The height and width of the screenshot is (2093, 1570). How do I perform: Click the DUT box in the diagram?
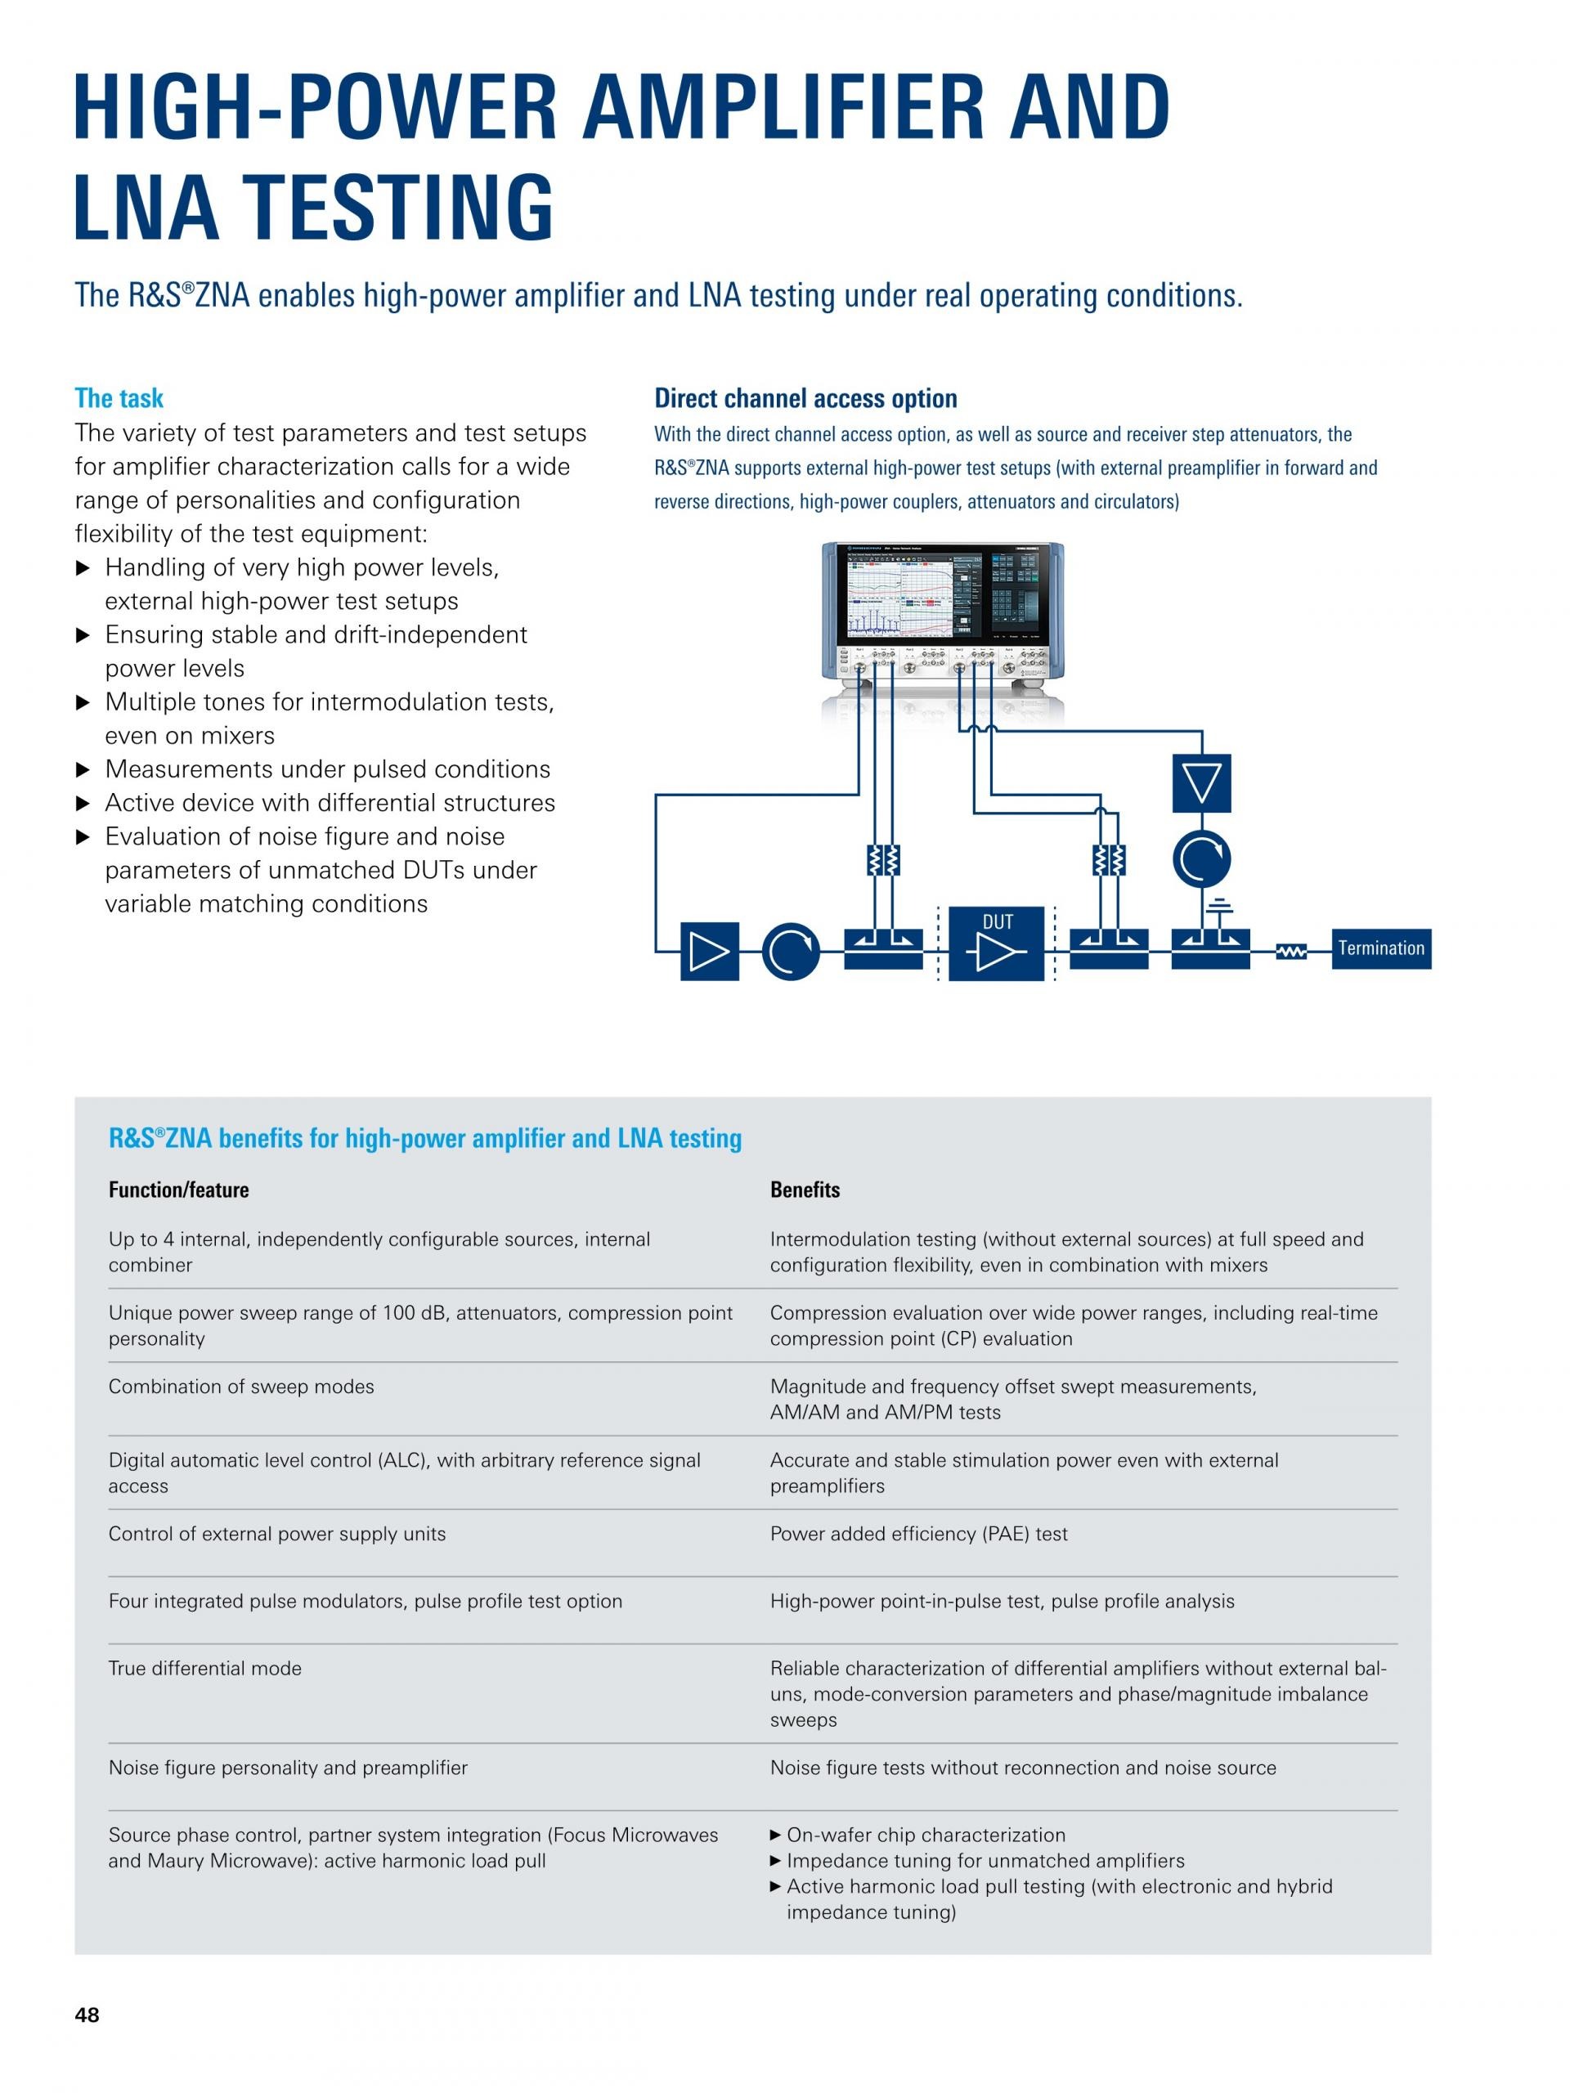[997, 943]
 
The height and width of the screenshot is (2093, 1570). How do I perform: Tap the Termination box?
[1381, 948]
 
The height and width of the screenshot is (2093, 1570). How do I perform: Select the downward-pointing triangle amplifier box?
[1201, 782]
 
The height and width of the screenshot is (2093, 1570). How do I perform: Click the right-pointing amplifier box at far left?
[709, 951]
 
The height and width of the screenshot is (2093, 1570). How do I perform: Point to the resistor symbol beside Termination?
[1291, 951]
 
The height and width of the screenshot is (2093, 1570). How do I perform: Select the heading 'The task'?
[119, 398]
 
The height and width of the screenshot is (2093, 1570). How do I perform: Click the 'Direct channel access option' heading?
[805, 398]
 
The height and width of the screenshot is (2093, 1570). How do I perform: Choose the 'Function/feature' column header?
[179, 1190]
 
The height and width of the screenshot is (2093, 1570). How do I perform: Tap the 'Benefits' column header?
[805, 1190]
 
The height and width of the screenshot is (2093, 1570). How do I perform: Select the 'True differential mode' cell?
[205, 1668]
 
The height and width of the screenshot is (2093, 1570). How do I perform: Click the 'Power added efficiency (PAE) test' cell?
[918, 1534]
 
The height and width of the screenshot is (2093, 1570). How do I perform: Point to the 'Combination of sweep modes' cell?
[241, 1386]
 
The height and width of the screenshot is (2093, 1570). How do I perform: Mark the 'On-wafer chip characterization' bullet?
[926, 1835]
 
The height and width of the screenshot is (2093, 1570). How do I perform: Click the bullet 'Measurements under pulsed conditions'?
[327, 769]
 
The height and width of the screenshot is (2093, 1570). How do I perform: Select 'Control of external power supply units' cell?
[277, 1534]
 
